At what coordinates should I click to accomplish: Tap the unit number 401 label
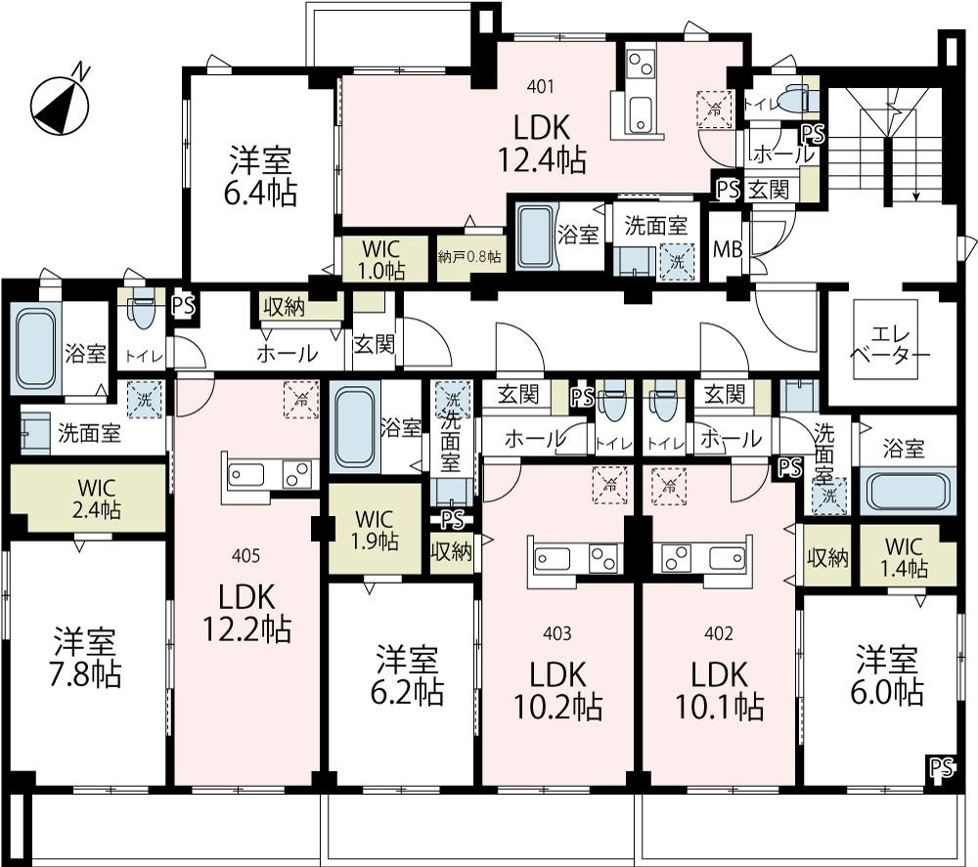tap(540, 87)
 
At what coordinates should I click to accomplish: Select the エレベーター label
tap(889, 345)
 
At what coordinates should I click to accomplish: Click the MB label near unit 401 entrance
tap(728, 249)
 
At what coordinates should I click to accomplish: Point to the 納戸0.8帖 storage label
tap(469, 257)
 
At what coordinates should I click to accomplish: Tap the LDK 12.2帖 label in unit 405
tap(246, 613)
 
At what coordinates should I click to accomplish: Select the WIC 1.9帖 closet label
tap(374, 531)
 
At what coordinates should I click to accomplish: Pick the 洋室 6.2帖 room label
tap(407, 675)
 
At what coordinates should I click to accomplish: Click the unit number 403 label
tap(557, 634)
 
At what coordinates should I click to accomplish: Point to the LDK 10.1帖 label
tap(720, 691)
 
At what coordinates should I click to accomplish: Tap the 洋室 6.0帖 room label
tap(887, 675)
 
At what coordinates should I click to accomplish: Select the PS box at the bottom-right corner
tap(942, 767)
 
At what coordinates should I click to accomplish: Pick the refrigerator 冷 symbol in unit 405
tap(301, 400)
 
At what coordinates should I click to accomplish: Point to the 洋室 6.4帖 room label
tap(260, 176)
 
